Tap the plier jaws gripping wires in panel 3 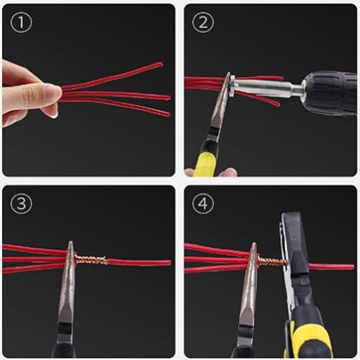click(69, 259)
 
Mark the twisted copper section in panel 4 click(271, 261)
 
